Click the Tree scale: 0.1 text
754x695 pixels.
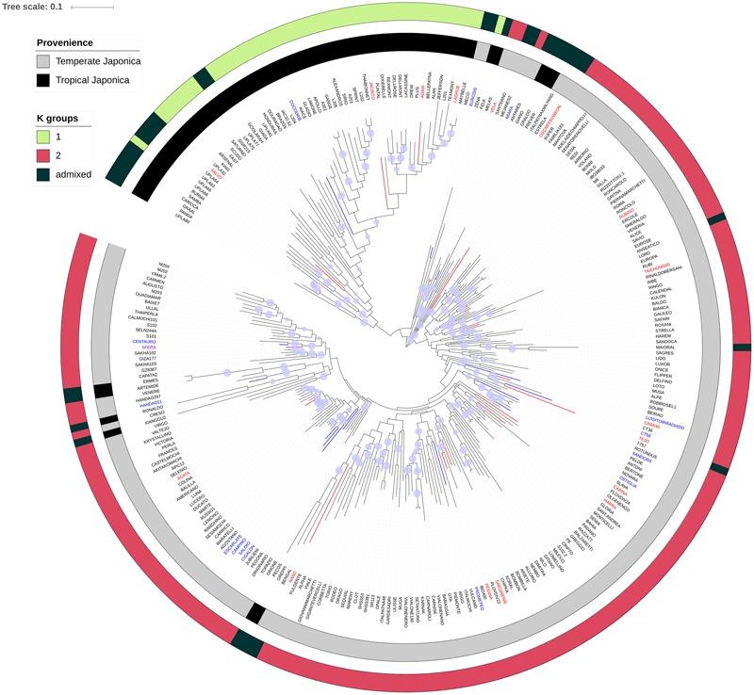(x=32, y=7)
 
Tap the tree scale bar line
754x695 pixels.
(x=92, y=8)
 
